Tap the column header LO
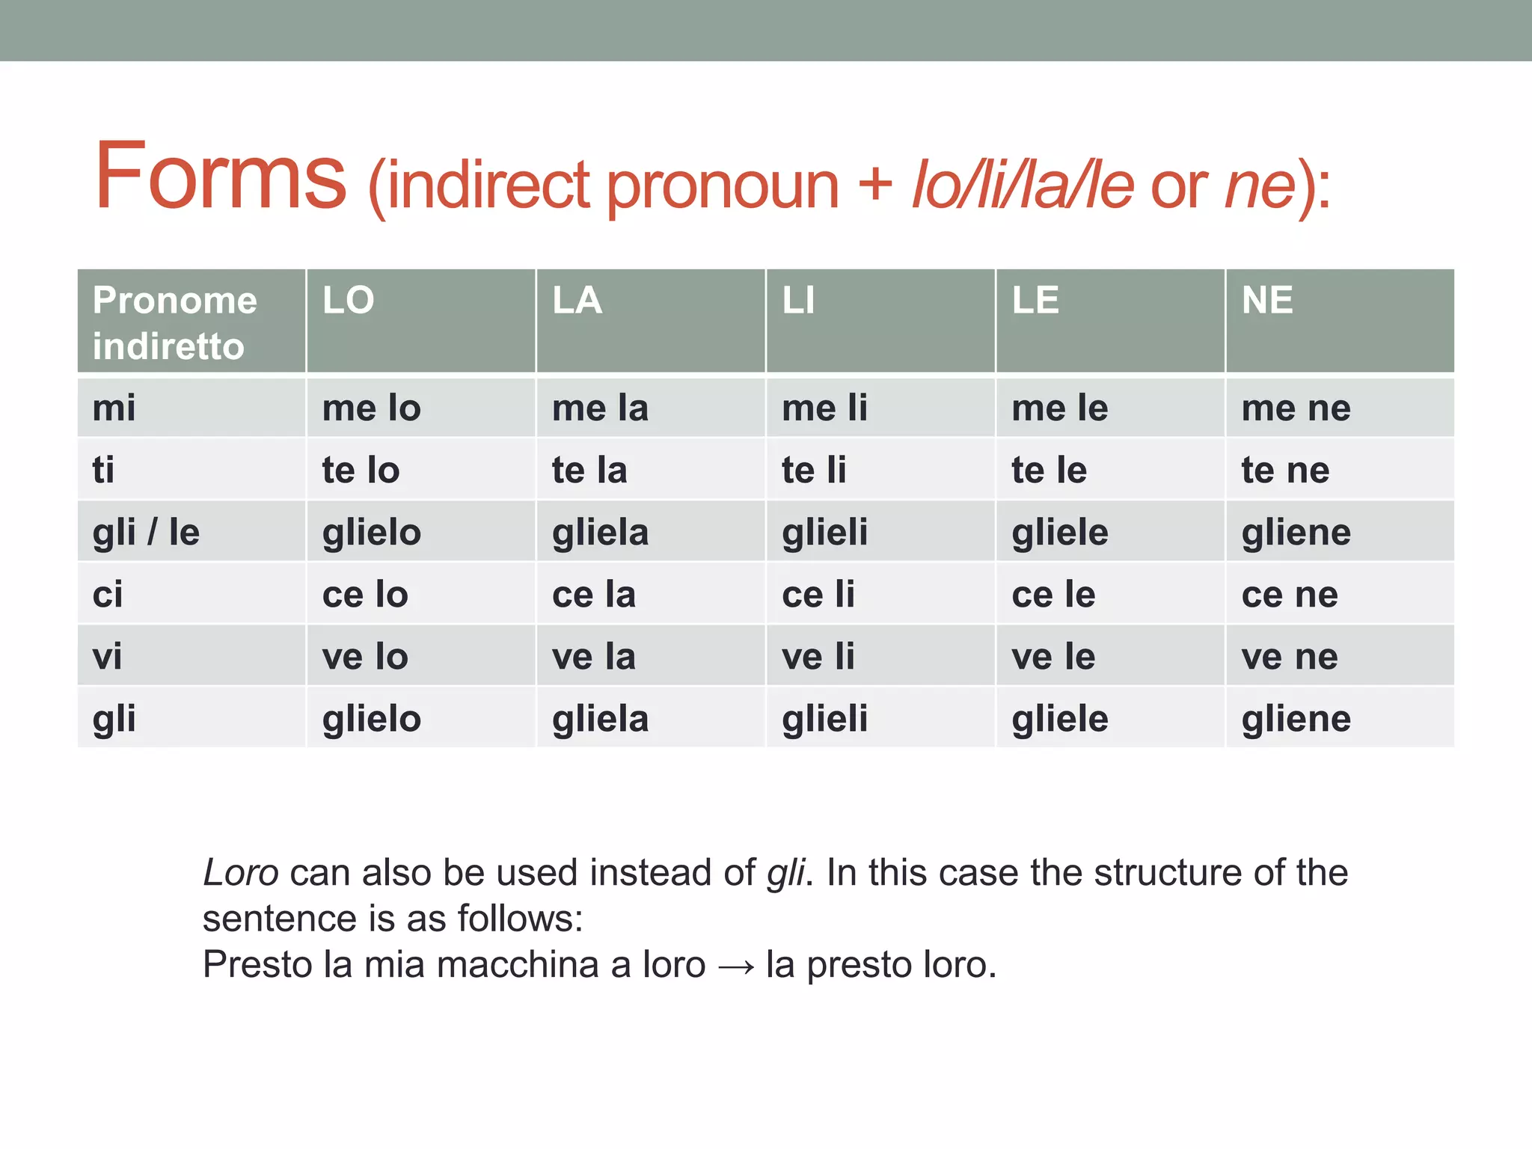[x=349, y=301]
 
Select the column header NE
[x=1267, y=301]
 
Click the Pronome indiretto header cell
[x=175, y=323]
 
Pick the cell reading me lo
[x=372, y=408]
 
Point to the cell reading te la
[x=589, y=471]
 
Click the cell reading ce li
[x=818, y=595]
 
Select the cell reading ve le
[x=1053, y=657]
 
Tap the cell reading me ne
[x=1296, y=408]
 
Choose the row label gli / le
[x=146, y=533]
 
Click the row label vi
[x=108, y=657]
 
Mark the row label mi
[x=114, y=408]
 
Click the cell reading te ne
[x=1286, y=471]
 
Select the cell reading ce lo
[x=365, y=595]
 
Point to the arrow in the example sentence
[x=736, y=966]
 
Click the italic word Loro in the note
[x=241, y=873]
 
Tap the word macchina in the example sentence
[x=518, y=965]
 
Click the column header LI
[x=798, y=301]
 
